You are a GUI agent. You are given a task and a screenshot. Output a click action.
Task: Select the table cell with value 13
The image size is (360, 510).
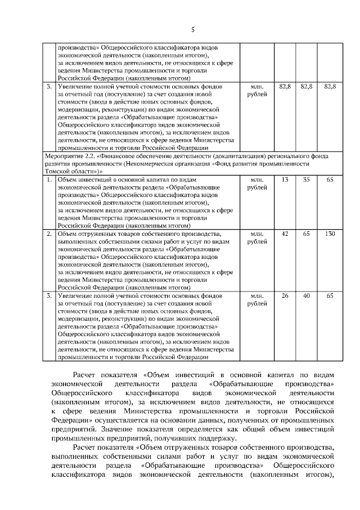tap(285, 180)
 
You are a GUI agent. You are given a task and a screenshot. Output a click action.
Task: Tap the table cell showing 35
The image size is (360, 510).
tap(307, 180)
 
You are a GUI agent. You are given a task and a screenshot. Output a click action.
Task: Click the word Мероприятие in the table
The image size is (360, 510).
tap(65, 156)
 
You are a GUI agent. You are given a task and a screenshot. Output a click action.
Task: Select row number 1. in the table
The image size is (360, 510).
tap(50, 180)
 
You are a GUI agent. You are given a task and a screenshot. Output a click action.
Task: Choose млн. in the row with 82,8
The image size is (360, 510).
tap(257, 87)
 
